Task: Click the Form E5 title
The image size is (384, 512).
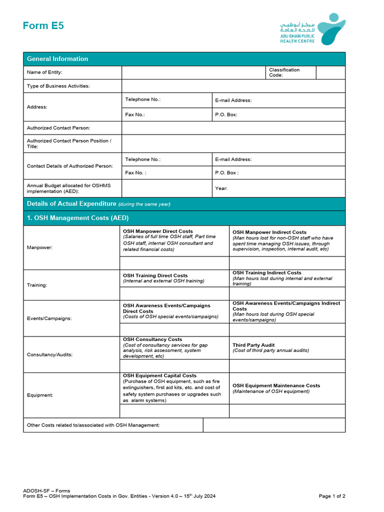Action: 43,26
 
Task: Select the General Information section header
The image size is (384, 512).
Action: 57,59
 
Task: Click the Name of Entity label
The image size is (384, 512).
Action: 44,72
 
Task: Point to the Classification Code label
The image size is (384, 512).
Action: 284,72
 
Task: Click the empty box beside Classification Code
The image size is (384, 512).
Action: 330,72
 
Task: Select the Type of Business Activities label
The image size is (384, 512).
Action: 58,86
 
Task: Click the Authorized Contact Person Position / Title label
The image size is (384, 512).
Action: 69,143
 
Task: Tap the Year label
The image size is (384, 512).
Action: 221,188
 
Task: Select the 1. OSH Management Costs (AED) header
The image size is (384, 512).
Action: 77,218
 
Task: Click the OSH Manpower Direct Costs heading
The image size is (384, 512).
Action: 158,231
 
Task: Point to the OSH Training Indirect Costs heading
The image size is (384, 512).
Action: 267,273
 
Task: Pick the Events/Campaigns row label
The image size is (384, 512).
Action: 49,318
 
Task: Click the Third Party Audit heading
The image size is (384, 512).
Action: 253,345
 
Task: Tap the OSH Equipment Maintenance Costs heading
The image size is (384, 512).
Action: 276,385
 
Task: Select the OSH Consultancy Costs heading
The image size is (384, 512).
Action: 152,339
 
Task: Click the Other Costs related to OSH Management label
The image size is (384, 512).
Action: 93,425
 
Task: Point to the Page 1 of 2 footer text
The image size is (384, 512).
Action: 332,496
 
